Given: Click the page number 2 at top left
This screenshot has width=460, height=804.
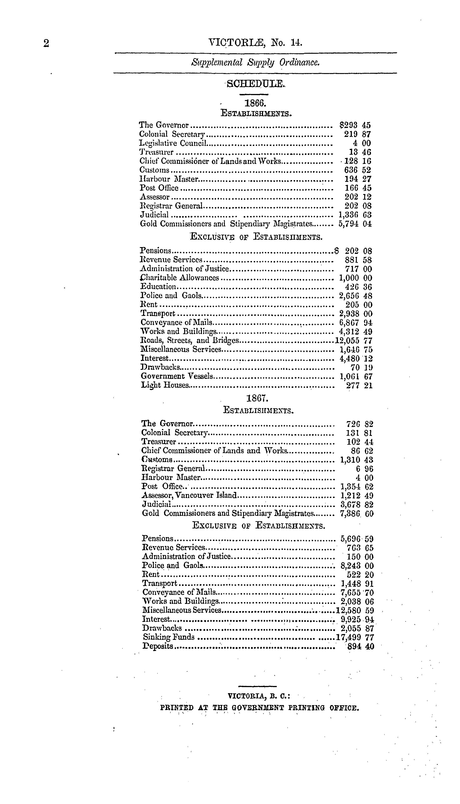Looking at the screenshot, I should coord(46,43).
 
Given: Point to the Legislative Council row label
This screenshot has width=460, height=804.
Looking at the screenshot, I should coord(173,143).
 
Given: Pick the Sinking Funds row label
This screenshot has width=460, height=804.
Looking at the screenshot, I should coord(169,637).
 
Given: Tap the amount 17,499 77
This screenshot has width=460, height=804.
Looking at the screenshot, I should coord(355,637).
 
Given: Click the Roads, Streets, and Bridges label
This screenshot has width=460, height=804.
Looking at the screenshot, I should coord(190,341).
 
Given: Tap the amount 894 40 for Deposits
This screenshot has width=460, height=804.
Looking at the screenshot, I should coord(360,646).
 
